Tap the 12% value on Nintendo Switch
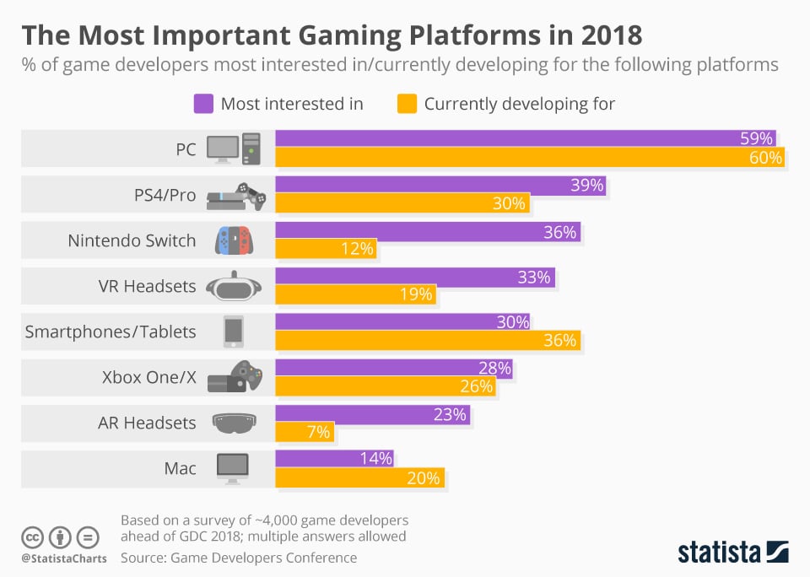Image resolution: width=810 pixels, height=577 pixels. point(358,249)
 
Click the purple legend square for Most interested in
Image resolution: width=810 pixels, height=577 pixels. point(203,105)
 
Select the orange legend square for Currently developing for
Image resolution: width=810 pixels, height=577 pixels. point(407,105)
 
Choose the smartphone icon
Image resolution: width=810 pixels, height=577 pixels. point(234,332)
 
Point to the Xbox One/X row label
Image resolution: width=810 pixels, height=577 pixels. point(148,377)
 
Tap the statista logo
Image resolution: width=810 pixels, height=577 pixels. point(732,553)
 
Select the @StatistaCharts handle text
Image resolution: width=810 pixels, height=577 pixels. point(63,558)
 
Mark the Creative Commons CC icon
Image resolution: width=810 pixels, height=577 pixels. point(33,537)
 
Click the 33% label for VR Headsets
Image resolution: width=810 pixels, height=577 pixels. point(533,277)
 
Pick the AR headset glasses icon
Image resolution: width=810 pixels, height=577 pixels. point(235,423)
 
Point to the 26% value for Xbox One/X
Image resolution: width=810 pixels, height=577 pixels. point(476,386)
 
